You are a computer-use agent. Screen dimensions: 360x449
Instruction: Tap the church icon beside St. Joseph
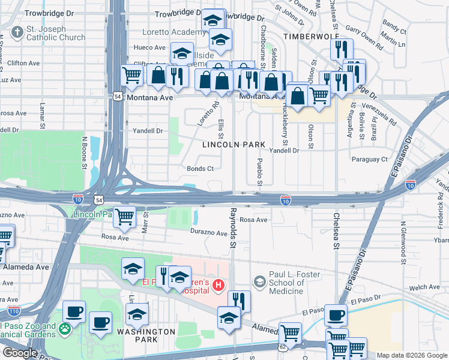point(17,31)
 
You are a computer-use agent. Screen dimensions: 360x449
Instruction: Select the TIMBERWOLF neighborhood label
point(307,37)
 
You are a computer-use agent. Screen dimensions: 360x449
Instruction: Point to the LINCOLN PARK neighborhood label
point(234,145)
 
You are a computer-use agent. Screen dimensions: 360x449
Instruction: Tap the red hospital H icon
point(218,284)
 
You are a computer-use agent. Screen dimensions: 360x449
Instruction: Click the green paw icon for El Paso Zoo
point(64,328)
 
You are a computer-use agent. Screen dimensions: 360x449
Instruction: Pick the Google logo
point(19,353)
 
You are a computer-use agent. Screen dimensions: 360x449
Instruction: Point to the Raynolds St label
point(233,228)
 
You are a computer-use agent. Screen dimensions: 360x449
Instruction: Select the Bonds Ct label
point(200,169)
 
